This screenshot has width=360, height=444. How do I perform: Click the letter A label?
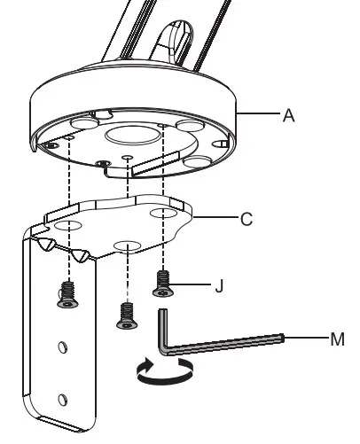288,116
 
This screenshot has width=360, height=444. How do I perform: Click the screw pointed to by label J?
163,282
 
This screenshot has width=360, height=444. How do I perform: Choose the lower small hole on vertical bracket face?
61,398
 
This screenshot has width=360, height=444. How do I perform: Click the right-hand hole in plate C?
162,214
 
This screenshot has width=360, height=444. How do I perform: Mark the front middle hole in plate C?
125,243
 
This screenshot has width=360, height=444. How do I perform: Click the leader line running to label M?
306,339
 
